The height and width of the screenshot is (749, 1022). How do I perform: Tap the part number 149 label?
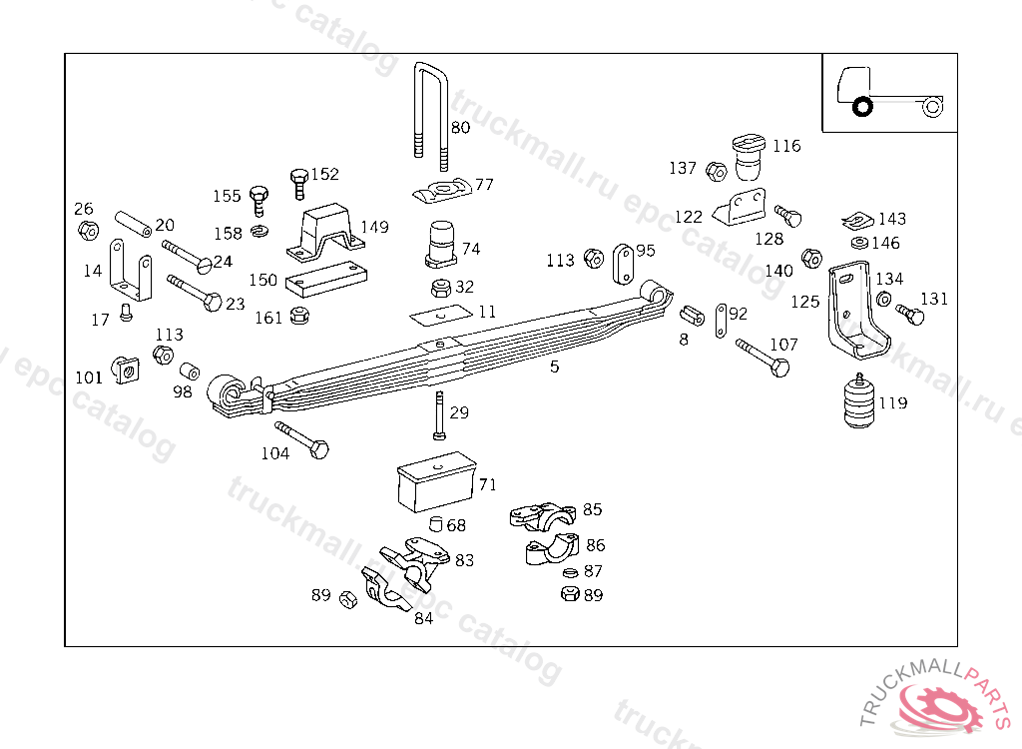[x=374, y=228]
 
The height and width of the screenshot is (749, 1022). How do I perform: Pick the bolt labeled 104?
[x=302, y=439]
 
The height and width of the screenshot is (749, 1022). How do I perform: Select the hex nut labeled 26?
[x=88, y=231]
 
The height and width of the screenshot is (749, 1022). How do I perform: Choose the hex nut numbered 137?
[x=715, y=171]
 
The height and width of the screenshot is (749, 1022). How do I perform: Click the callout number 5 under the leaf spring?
[x=555, y=367]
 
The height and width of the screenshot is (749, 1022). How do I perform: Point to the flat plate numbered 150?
[x=321, y=280]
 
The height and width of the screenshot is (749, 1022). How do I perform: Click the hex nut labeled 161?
[x=296, y=317]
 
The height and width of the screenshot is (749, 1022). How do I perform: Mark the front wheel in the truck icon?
[x=862, y=105]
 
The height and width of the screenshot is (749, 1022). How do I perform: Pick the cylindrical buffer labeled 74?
[x=441, y=246]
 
